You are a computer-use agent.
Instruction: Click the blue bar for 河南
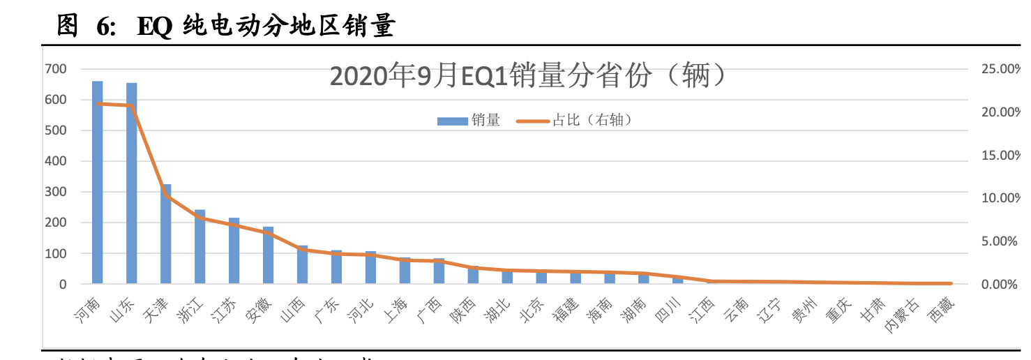coord(98,183)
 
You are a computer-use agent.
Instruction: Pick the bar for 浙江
coord(200,247)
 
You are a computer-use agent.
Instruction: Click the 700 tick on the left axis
coord(56,69)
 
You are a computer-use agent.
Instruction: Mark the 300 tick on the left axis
coord(56,192)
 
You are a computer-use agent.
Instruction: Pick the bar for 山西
coord(303,264)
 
